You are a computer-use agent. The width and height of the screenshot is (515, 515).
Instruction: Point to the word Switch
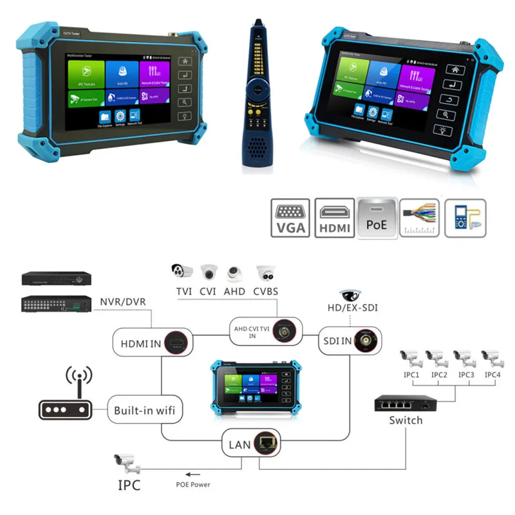pyautogui.click(x=406, y=420)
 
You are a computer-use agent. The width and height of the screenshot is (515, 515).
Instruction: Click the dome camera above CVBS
pyautogui.click(x=266, y=272)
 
